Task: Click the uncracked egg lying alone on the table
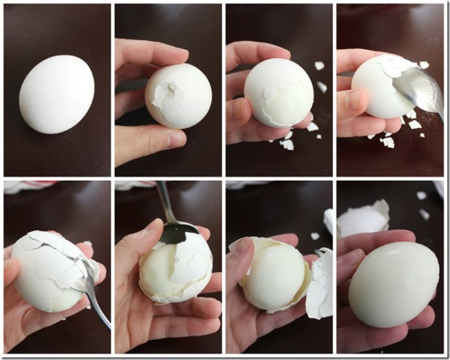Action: pos(57,94)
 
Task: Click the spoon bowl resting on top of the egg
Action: pos(417,89)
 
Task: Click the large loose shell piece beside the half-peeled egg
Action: pos(320,284)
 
